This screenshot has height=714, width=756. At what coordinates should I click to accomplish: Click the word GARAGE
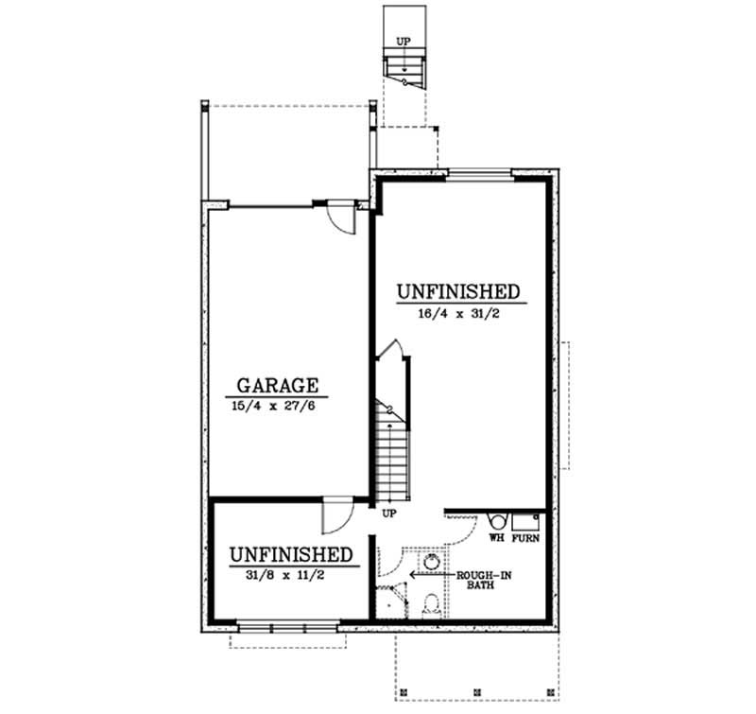[277, 385]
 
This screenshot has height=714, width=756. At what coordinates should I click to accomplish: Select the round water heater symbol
[496, 520]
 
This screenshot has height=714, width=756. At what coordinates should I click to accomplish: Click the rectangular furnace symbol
[525, 520]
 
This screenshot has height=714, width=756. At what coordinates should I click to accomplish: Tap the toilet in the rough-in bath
[431, 602]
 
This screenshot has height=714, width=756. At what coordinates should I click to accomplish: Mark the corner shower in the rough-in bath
[389, 600]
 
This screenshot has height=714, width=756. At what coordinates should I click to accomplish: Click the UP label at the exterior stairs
[404, 42]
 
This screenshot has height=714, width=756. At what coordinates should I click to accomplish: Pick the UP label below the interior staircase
[387, 514]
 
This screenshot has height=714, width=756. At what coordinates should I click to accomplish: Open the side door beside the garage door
[339, 218]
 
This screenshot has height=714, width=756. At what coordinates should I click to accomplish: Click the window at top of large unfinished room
[479, 174]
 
